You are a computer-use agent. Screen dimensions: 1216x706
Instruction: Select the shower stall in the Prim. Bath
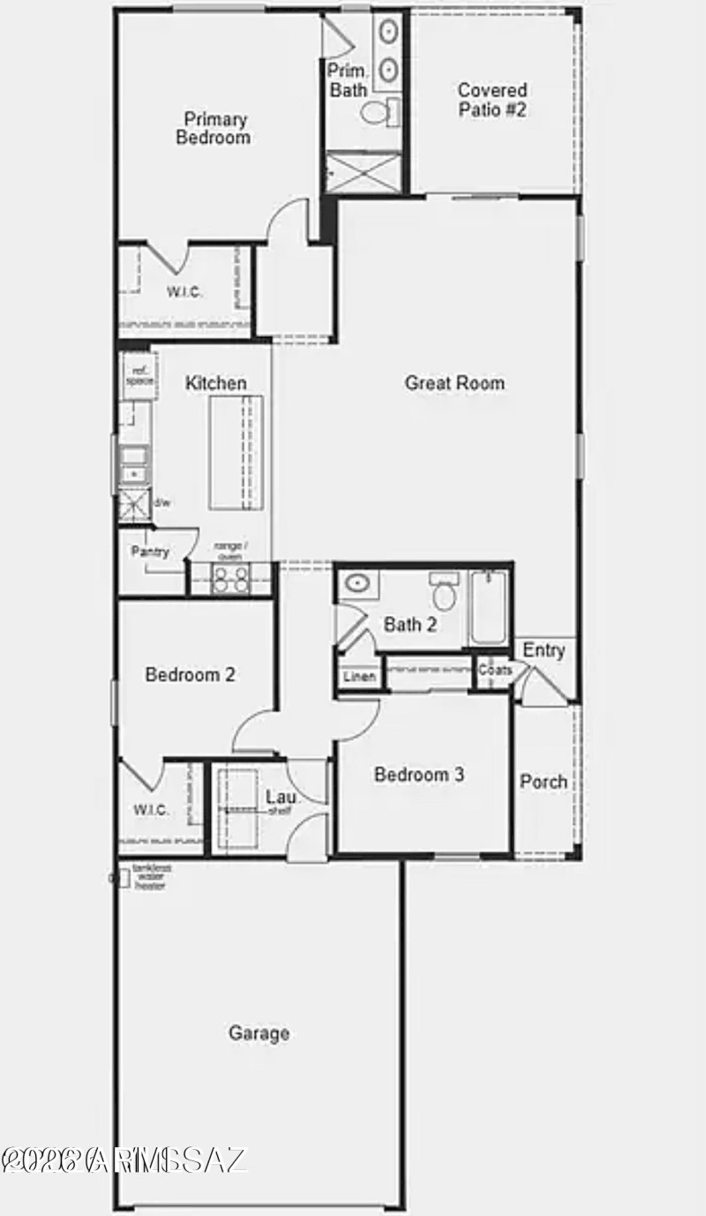(363, 171)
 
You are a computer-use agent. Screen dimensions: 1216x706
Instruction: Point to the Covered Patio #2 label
(492, 101)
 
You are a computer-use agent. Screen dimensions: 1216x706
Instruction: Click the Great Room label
(454, 383)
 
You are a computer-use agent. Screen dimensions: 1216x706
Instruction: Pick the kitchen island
(236, 453)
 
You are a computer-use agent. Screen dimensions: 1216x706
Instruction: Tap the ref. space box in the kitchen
(139, 376)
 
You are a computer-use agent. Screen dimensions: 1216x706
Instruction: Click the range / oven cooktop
(231, 579)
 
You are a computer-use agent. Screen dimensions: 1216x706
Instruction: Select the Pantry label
(150, 552)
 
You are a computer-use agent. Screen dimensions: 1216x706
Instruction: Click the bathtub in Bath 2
(488, 608)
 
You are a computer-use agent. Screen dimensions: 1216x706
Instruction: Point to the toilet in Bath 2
(444, 593)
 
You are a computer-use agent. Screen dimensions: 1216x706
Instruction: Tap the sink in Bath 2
(357, 583)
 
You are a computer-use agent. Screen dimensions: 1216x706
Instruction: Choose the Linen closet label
(360, 677)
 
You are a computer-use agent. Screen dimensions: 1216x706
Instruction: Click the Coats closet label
(495, 670)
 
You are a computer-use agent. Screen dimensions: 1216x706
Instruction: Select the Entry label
(544, 650)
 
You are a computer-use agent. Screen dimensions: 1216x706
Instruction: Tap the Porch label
(544, 782)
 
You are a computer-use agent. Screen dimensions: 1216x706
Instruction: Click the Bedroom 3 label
(419, 775)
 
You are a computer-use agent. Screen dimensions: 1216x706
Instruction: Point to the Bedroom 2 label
(191, 675)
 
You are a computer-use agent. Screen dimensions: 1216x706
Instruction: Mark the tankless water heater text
(151, 876)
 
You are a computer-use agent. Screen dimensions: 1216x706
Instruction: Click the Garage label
(259, 1032)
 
